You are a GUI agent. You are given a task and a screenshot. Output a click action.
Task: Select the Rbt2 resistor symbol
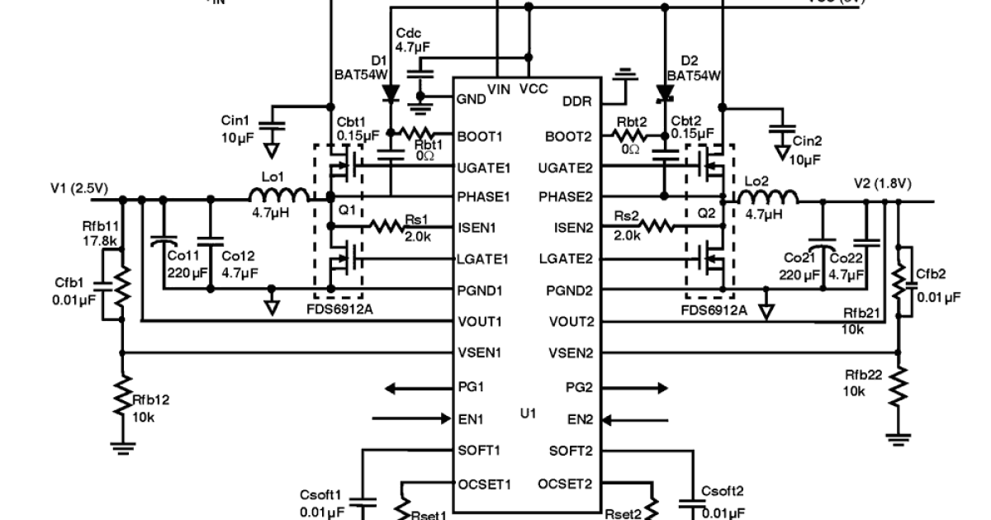632,134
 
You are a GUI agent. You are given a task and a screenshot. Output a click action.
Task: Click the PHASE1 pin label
484,197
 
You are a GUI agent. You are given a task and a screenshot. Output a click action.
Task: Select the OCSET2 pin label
566,484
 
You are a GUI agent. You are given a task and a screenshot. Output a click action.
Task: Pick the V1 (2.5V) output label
79,187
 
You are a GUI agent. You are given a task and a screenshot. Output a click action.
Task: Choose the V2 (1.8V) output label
882,183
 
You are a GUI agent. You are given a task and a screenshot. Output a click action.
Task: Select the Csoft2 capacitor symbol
690,503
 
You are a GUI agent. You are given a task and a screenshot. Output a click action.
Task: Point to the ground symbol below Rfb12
122,447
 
